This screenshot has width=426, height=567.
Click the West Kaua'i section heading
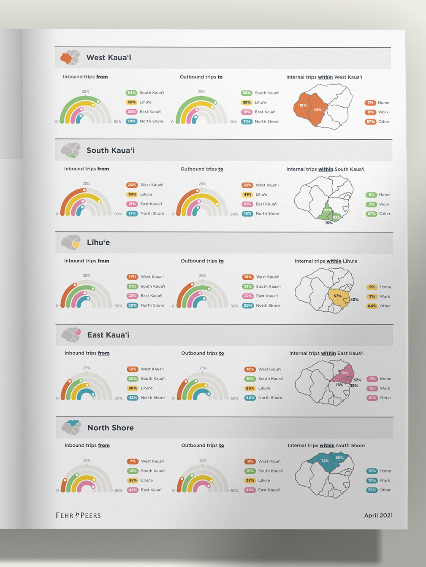[x=109, y=58]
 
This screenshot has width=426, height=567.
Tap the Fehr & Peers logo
[x=78, y=515]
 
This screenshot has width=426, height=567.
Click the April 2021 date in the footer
[x=378, y=515]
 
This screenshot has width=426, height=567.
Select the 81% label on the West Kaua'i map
[x=318, y=110]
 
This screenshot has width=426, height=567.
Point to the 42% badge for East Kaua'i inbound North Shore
[x=133, y=397]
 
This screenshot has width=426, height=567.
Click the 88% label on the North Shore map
[x=339, y=457]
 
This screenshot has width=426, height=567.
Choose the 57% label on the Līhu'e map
[x=338, y=296]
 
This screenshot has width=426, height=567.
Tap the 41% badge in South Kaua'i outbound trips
[x=247, y=194]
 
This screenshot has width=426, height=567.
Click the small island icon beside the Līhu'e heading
[x=71, y=243]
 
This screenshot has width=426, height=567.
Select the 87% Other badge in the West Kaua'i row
[x=370, y=121]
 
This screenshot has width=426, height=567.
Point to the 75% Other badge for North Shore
[x=372, y=490]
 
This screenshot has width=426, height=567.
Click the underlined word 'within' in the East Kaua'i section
[x=328, y=353]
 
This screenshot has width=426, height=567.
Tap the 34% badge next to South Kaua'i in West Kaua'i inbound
[x=131, y=92]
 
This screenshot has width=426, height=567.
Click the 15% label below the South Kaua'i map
[x=328, y=223]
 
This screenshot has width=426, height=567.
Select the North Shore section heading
[x=110, y=428]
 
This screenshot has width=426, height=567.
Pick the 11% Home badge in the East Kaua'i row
[x=372, y=379]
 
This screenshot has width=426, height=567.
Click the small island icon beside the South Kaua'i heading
[x=71, y=150]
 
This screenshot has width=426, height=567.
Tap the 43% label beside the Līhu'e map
[x=354, y=300]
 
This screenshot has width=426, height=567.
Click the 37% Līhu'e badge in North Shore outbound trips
[x=250, y=480]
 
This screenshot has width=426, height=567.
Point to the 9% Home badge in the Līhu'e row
[x=372, y=287]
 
